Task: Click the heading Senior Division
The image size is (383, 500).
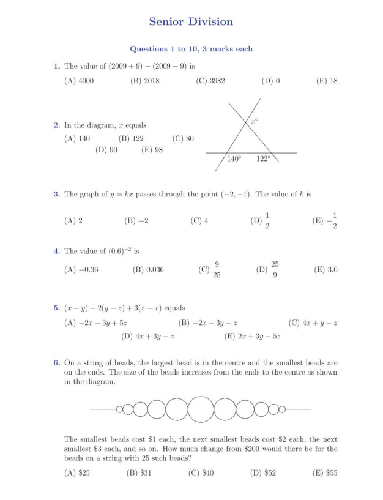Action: [191, 21]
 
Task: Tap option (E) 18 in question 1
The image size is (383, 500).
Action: [326, 81]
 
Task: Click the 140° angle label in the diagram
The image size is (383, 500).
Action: [234, 159]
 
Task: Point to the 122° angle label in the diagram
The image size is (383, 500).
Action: [263, 159]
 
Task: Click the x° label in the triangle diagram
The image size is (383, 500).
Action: [254, 122]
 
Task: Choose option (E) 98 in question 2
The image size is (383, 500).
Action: [152, 150]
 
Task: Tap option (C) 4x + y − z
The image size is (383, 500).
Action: [313, 323]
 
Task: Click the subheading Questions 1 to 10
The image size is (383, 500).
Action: [191, 49]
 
